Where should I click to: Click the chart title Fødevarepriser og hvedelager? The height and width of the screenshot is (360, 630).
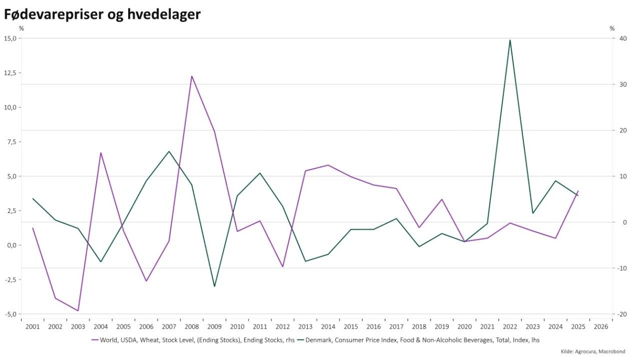point(102,15)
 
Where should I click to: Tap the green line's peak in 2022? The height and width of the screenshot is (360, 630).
point(510,40)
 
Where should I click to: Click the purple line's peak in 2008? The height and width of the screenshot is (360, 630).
point(192,76)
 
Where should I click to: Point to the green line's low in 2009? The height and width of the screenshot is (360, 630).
point(214,286)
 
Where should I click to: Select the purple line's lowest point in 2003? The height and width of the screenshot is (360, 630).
point(78,311)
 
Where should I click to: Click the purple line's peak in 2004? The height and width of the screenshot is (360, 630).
point(101,153)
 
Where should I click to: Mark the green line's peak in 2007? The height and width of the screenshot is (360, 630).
point(169,152)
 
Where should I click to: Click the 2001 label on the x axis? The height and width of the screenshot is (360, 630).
point(33,326)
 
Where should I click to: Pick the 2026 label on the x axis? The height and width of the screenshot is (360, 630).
point(601,326)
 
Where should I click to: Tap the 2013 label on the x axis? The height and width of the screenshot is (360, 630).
point(305,326)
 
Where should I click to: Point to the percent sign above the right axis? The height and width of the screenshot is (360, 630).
point(612,28)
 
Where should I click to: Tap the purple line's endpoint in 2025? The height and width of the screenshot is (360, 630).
point(578,192)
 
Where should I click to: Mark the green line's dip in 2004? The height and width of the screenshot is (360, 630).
point(101,261)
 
